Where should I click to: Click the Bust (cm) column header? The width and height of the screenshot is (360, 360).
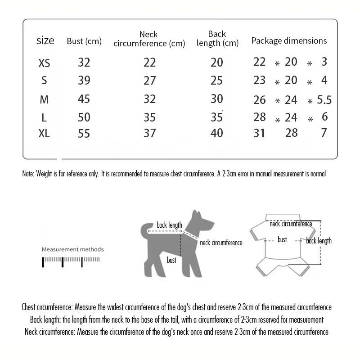click(x=84, y=41)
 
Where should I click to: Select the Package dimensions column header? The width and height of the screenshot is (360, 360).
click(x=289, y=40)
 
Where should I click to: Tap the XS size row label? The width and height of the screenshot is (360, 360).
click(x=44, y=63)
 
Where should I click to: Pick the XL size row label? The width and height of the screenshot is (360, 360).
click(x=44, y=134)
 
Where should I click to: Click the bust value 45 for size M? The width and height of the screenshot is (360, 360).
click(x=84, y=99)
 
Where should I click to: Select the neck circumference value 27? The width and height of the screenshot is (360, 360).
click(x=149, y=81)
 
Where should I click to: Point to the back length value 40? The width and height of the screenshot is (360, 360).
click(x=217, y=133)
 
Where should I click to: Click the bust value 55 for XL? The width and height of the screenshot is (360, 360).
click(x=84, y=134)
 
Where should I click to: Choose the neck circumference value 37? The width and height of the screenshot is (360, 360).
click(x=149, y=133)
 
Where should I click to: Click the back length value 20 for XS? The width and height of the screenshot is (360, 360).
click(x=217, y=63)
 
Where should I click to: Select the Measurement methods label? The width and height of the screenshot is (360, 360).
click(x=73, y=249)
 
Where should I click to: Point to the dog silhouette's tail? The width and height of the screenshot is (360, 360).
click(x=145, y=231)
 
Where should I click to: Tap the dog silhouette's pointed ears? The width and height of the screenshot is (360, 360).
click(x=196, y=215)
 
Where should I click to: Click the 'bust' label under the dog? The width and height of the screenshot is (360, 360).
click(x=171, y=260)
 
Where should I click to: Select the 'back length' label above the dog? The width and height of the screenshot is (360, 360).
click(x=169, y=225)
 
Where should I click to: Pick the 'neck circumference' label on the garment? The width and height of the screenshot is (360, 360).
click(x=291, y=224)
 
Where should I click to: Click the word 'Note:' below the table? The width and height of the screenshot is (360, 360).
click(x=27, y=174)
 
